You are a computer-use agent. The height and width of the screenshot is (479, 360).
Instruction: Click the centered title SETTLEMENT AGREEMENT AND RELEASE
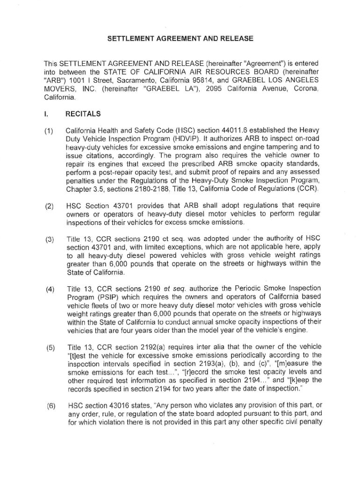click(180, 38)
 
